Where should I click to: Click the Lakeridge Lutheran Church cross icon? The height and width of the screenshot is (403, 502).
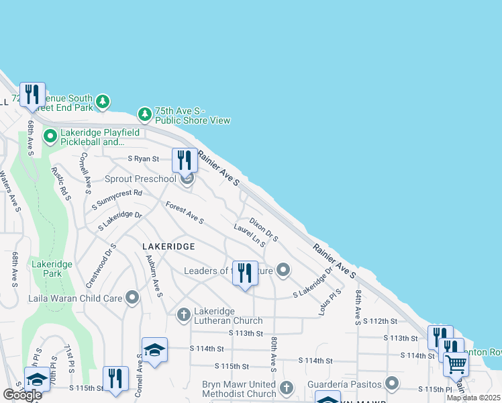[x=184, y=314]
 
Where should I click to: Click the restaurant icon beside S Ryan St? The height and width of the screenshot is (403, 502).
[x=185, y=161]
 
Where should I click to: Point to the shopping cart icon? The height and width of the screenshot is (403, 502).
[x=456, y=364]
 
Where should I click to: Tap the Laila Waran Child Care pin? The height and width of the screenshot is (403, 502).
[x=132, y=297]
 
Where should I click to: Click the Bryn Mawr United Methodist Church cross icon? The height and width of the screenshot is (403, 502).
[x=287, y=388]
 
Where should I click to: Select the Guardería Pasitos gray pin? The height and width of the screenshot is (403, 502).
[x=392, y=384]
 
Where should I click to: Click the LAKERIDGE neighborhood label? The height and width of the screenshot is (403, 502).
[x=169, y=247]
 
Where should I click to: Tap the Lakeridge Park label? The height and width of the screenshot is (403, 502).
[x=46, y=269]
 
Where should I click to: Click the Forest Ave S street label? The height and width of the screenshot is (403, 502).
[x=185, y=214]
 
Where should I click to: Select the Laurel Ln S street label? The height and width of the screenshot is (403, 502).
[x=250, y=236]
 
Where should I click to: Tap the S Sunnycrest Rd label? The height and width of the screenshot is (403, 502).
[x=117, y=199]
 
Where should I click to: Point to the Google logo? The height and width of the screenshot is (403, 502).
[x=22, y=394]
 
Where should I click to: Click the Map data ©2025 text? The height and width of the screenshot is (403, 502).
[x=474, y=398]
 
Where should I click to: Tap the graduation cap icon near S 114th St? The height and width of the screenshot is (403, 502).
[x=154, y=350]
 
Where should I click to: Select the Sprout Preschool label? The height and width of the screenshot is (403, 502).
[x=140, y=179]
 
